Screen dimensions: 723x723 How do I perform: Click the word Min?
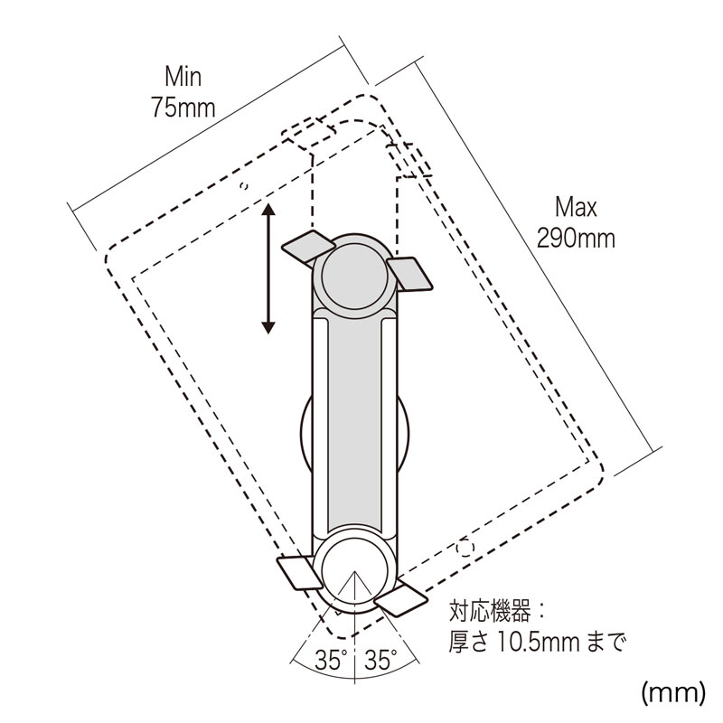tap(183, 77)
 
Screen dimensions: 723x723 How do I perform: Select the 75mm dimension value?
tap(183, 108)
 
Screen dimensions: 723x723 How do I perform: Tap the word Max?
tap(576, 208)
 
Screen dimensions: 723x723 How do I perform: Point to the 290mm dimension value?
tap(576, 239)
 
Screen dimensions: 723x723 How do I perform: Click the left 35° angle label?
tap(331, 660)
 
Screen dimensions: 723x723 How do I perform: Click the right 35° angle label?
tap(380, 660)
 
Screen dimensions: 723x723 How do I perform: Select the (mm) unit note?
tap(673, 692)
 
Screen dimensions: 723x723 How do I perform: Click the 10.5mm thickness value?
tap(538, 642)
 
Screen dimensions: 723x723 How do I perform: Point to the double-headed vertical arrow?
tap(268, 268)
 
